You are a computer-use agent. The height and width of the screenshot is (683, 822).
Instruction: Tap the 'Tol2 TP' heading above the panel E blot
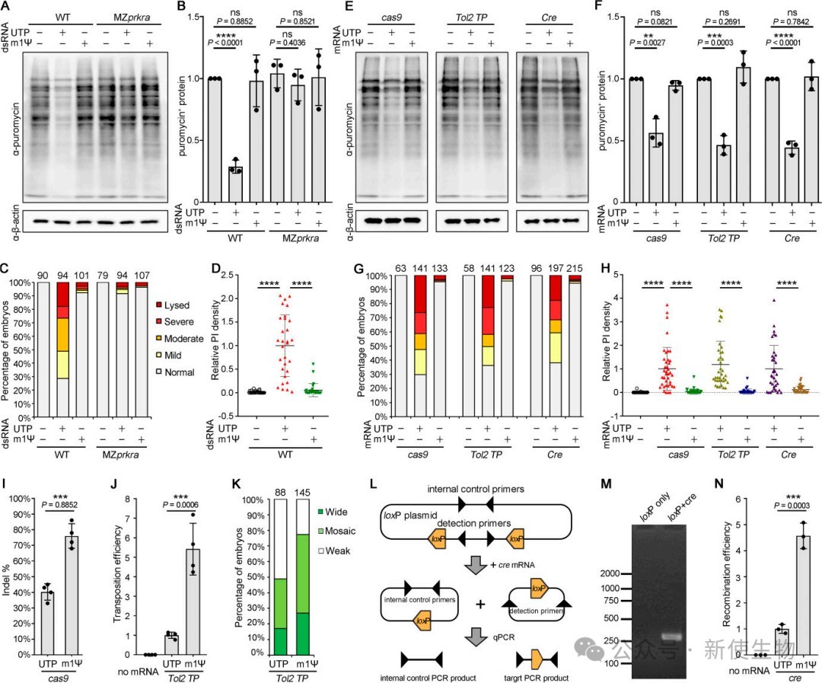(x=471, y=17)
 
